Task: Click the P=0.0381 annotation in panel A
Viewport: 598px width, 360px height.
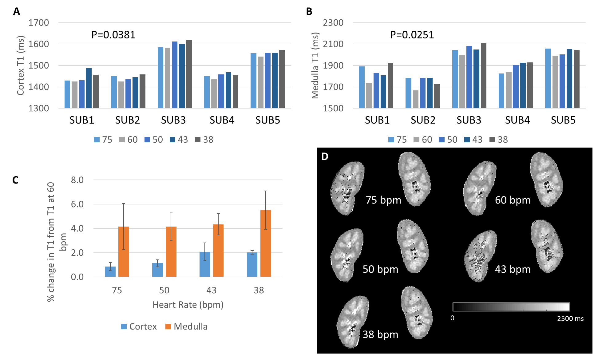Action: point(113,35)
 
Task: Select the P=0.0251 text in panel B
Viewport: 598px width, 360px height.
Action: point(412,35)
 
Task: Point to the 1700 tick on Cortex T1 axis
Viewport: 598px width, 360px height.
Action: point(39,23)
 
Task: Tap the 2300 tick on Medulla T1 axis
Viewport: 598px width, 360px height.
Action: point(333,23)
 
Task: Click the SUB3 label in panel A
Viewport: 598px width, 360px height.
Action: point(173,120)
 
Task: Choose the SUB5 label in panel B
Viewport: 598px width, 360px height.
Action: point(563,120)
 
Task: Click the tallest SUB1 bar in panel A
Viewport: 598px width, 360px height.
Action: point(89,88)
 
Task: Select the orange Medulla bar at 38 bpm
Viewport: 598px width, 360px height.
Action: point(266,243)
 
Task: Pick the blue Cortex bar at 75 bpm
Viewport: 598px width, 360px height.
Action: point(110,271)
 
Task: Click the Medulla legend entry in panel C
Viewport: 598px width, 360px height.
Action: point(186,326)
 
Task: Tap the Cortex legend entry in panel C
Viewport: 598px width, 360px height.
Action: point(139,326)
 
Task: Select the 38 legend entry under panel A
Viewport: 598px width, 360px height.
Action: point(204,140)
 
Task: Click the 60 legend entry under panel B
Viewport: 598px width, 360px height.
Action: point(423,140)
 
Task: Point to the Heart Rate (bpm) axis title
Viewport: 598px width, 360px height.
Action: point(188,305)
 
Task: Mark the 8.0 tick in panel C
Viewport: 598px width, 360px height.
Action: point(77,180)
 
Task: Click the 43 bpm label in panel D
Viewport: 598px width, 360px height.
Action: point(513,269)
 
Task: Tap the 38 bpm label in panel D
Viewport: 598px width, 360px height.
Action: point(380,334)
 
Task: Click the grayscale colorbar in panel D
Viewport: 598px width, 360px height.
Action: point(511,307)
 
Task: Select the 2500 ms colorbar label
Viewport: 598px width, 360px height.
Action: point(570,318)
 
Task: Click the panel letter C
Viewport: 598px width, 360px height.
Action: point(15,180)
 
